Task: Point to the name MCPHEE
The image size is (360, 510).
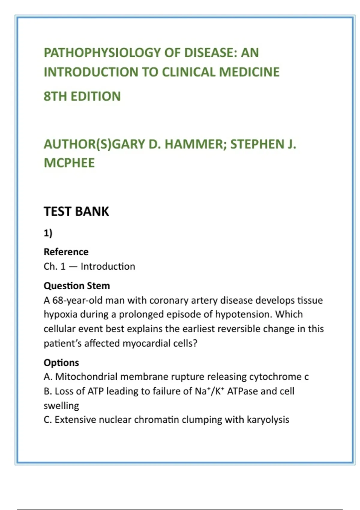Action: (69, 163)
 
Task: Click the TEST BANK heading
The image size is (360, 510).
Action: (76, 211)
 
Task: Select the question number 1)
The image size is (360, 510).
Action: (48, 233)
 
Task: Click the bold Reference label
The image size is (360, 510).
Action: (66, 252)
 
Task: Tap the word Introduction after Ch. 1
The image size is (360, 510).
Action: (108, 266)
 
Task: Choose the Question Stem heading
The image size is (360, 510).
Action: (77, 286)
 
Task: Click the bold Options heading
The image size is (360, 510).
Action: (61, 363)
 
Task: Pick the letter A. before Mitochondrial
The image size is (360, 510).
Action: (48, 377)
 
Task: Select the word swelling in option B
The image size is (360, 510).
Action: (61, 406)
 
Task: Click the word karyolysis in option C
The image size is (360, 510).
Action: (268, 420)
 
